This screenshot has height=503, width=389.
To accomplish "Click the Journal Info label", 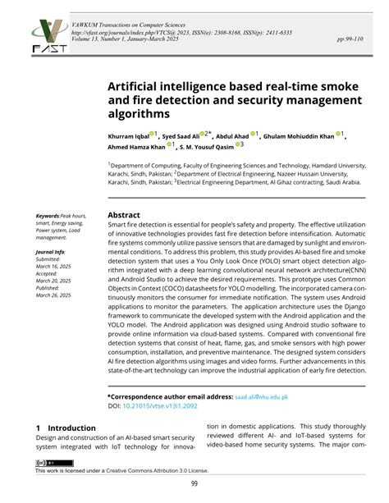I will pos(51,252).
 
